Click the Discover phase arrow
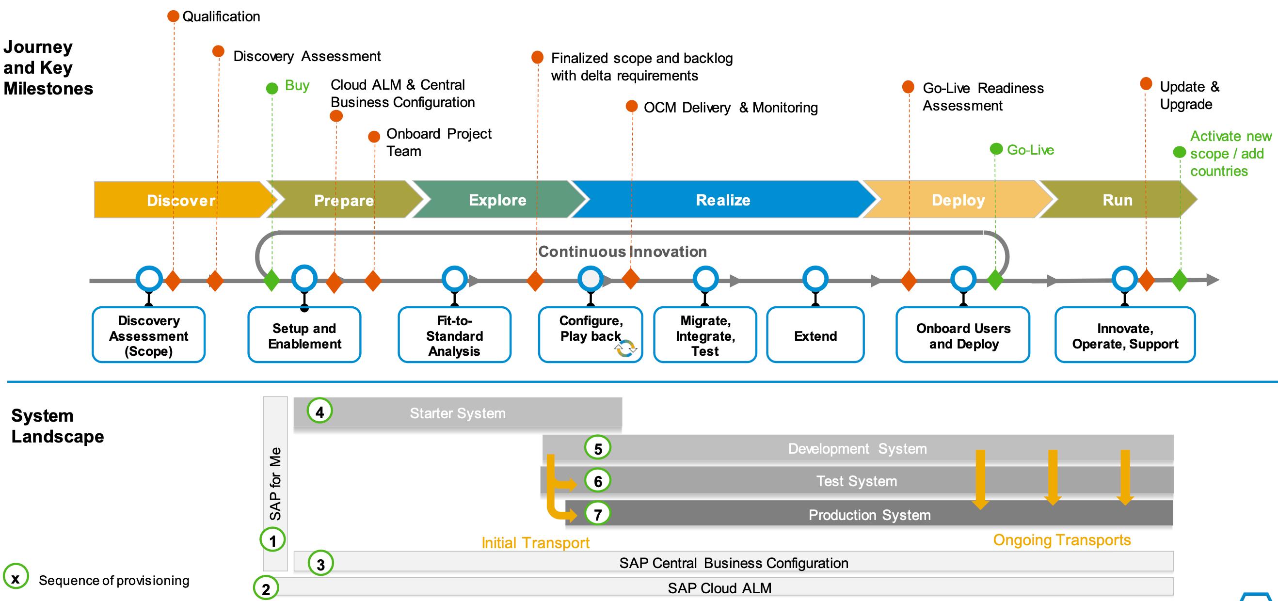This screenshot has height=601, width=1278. pyautogui.click(x=181, y=200)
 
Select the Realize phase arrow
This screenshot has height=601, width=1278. pyautogui.click(x=723, y=200)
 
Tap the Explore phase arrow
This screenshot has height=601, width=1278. pyautogui.click(x=497, y=200)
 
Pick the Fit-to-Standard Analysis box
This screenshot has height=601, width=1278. pyautogui.click(x=454, y=335)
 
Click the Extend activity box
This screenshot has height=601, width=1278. pyautogui.click(x=815, y=335)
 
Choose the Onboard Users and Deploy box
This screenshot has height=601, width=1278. pyautogui.click(x=963, y=335)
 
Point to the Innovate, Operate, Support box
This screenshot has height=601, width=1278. pyautogui.click(x=1125, y=335)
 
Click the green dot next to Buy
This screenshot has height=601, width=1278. pyautogui.click(x=272, y=88)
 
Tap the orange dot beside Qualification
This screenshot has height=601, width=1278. pyautogui.click(x=173, y=16)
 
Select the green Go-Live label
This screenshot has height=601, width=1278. pyautogui.click(x=1030, y=150)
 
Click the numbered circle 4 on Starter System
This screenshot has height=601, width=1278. pyautogui.click(x=319, y=411)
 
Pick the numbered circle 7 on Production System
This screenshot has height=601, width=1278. pyautogui.click(x=598, y=514)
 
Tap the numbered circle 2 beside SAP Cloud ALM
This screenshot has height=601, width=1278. pyautogui.click(x=266, y=588)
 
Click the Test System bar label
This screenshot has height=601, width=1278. pyautogui.click(x=856, y=481)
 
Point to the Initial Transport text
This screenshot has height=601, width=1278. pyautogui.click(x=535, y=542)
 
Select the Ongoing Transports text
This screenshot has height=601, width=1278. pyautogui.click(x=1062, y=539)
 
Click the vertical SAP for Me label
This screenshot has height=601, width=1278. pyautogui.click(x=275, y=484)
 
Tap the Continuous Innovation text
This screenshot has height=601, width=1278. pyautogui.click(x=622, y=252)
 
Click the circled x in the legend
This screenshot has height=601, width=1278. pyautogui.click(x=16, y=578)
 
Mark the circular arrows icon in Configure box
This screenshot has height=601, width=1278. pyautogui.click(x=625, y=348)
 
